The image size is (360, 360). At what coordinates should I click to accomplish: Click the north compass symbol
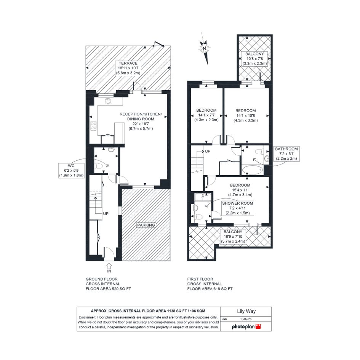pos(204,48)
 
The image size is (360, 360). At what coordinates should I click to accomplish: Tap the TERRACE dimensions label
pos(128,68)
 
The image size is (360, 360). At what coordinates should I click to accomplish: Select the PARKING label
pos(146,225)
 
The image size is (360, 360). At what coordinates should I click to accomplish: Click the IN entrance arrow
pos(109,268)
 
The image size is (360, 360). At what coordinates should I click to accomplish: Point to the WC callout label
pos(71,171)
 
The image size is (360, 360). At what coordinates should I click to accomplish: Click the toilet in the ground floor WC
pos(99,166)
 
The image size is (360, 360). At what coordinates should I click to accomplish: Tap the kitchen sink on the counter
pos(108,101)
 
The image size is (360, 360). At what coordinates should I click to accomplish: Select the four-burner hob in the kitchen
pos(93,126)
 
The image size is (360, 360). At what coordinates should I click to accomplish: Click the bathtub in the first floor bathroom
pos(253,170)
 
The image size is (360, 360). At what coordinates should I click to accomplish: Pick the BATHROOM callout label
pos(286,154)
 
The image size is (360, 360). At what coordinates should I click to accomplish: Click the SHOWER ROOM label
pos(237,208)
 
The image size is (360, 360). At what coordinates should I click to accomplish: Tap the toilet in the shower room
pos(198,216)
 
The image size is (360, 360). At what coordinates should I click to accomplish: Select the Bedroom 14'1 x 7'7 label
pos(206,115)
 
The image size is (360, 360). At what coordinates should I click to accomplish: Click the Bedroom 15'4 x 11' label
pos(240,190)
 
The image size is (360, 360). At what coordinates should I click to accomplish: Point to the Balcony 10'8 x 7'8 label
pos(254,59)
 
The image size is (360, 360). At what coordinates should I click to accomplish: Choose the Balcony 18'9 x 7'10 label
pos(233,237)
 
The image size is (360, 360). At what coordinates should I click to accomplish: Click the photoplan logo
pos(246,326)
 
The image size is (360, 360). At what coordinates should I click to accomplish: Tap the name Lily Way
pos(246,312)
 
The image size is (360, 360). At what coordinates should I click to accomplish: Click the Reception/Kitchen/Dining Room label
pos(141,121)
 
